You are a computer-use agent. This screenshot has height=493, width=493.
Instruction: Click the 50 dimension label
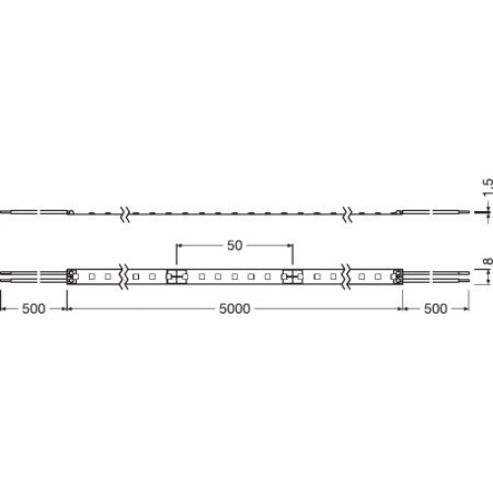[235, 246]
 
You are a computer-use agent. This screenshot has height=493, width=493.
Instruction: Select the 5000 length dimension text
[235, 309]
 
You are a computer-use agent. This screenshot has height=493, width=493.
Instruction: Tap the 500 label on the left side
[34, 309]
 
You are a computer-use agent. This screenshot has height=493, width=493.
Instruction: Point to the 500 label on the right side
[436, 309]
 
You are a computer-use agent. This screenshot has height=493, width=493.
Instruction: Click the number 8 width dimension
[488, 261]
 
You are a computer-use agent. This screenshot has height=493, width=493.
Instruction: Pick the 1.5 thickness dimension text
[488, 186]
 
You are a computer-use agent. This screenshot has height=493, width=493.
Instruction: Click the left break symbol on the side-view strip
[125, 214]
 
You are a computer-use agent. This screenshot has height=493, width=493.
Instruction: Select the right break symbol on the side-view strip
[347, 214]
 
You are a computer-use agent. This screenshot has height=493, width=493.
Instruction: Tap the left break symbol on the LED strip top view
[124, 276]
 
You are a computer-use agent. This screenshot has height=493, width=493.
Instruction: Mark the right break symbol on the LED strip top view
[345, 276]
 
